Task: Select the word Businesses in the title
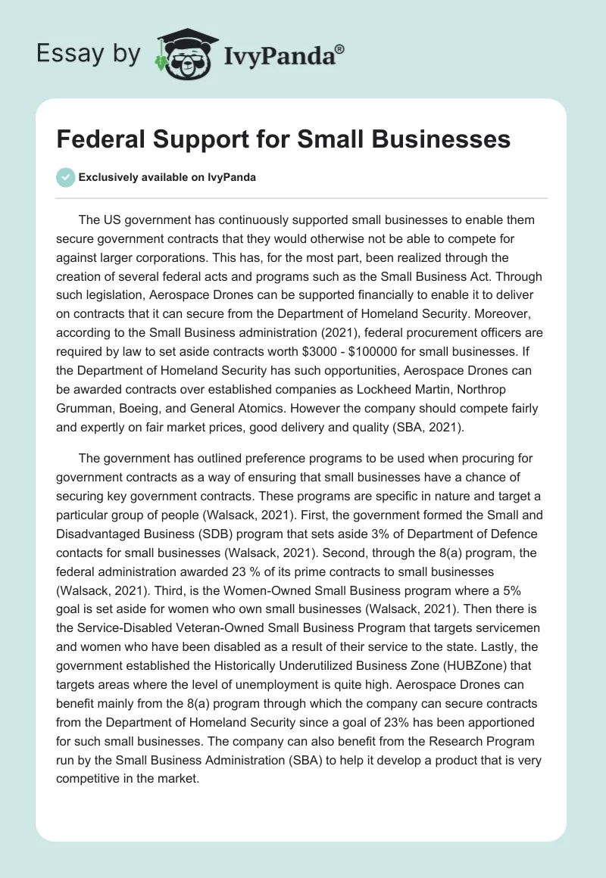436,140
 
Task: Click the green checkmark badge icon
65,178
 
